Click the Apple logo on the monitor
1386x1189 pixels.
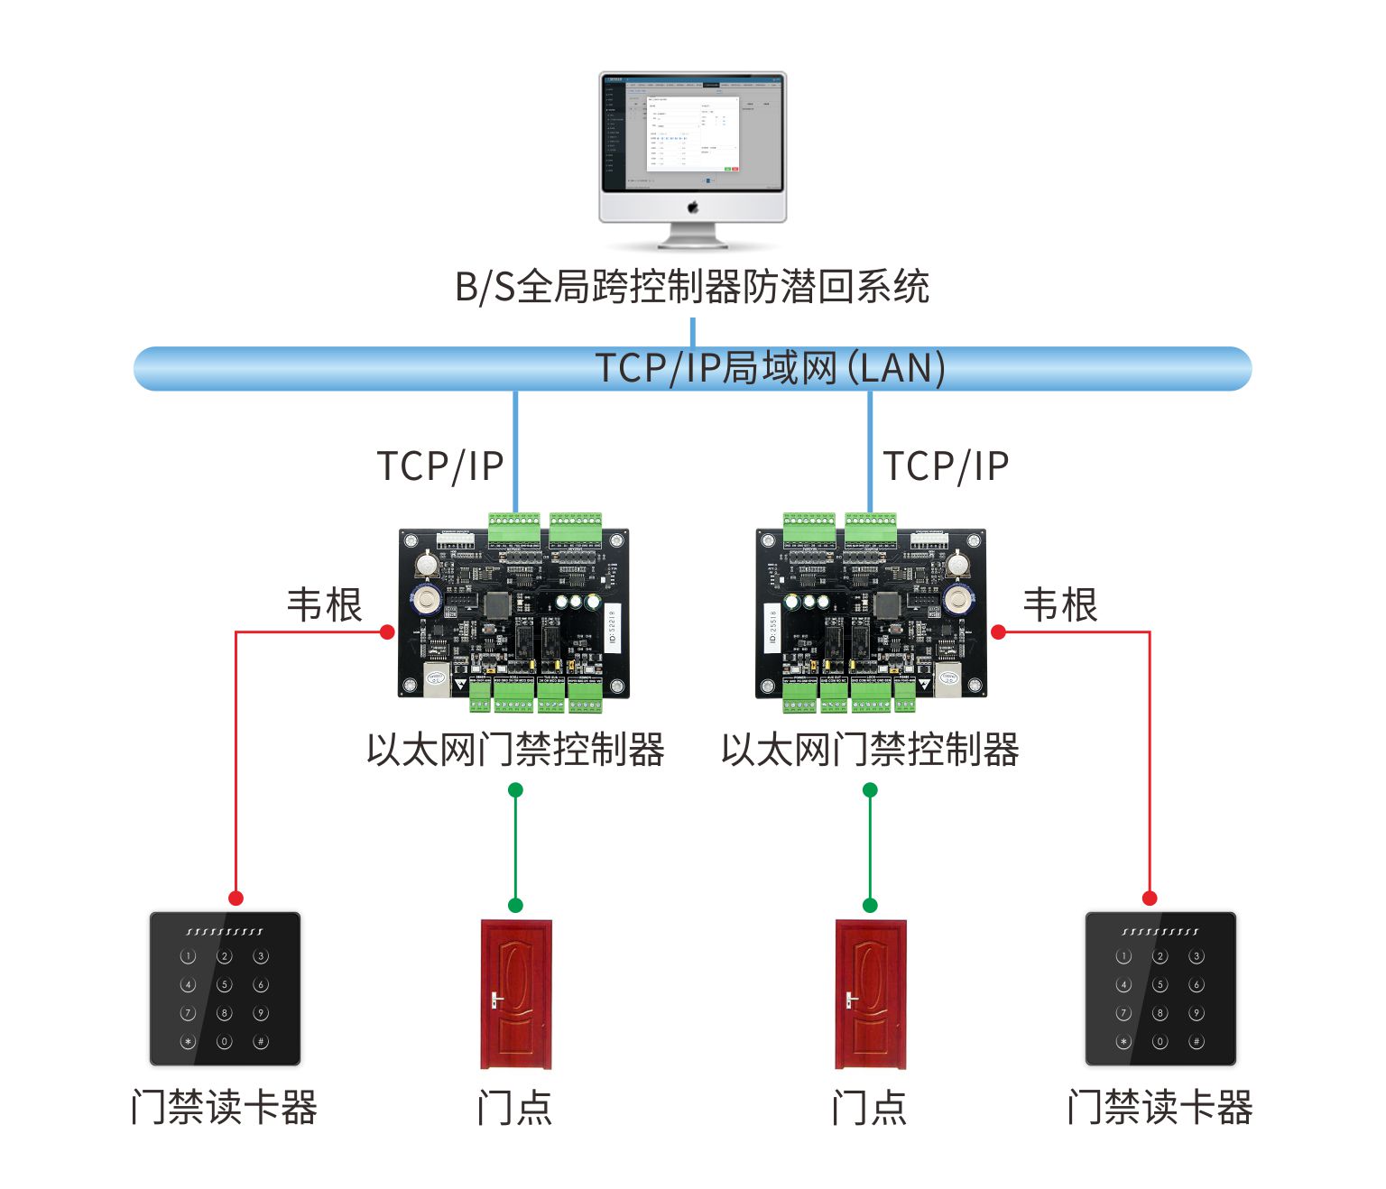[693, 207]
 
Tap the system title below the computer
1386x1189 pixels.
[692, 287]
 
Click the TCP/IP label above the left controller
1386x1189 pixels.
[439, 466]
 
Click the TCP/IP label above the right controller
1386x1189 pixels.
[946, 466]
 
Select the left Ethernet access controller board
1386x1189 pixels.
[513, 613]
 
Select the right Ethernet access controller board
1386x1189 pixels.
[870, 613]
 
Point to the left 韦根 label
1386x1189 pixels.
[324, 604]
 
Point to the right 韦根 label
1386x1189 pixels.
[1060, 604]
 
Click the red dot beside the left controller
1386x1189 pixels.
[387, 632]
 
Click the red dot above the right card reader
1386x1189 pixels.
[1150, 898]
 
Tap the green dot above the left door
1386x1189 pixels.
[515, 905]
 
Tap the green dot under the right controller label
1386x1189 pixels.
[870, 790]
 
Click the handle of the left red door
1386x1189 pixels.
[495, 1000]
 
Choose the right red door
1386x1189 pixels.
[870, 993]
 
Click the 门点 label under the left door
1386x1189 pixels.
[514, 1108]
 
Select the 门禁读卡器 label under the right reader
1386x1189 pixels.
[1160, 1108]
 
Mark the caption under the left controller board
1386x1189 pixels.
[515, 750]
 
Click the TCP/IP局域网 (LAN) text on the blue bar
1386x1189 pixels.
[770, 368]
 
